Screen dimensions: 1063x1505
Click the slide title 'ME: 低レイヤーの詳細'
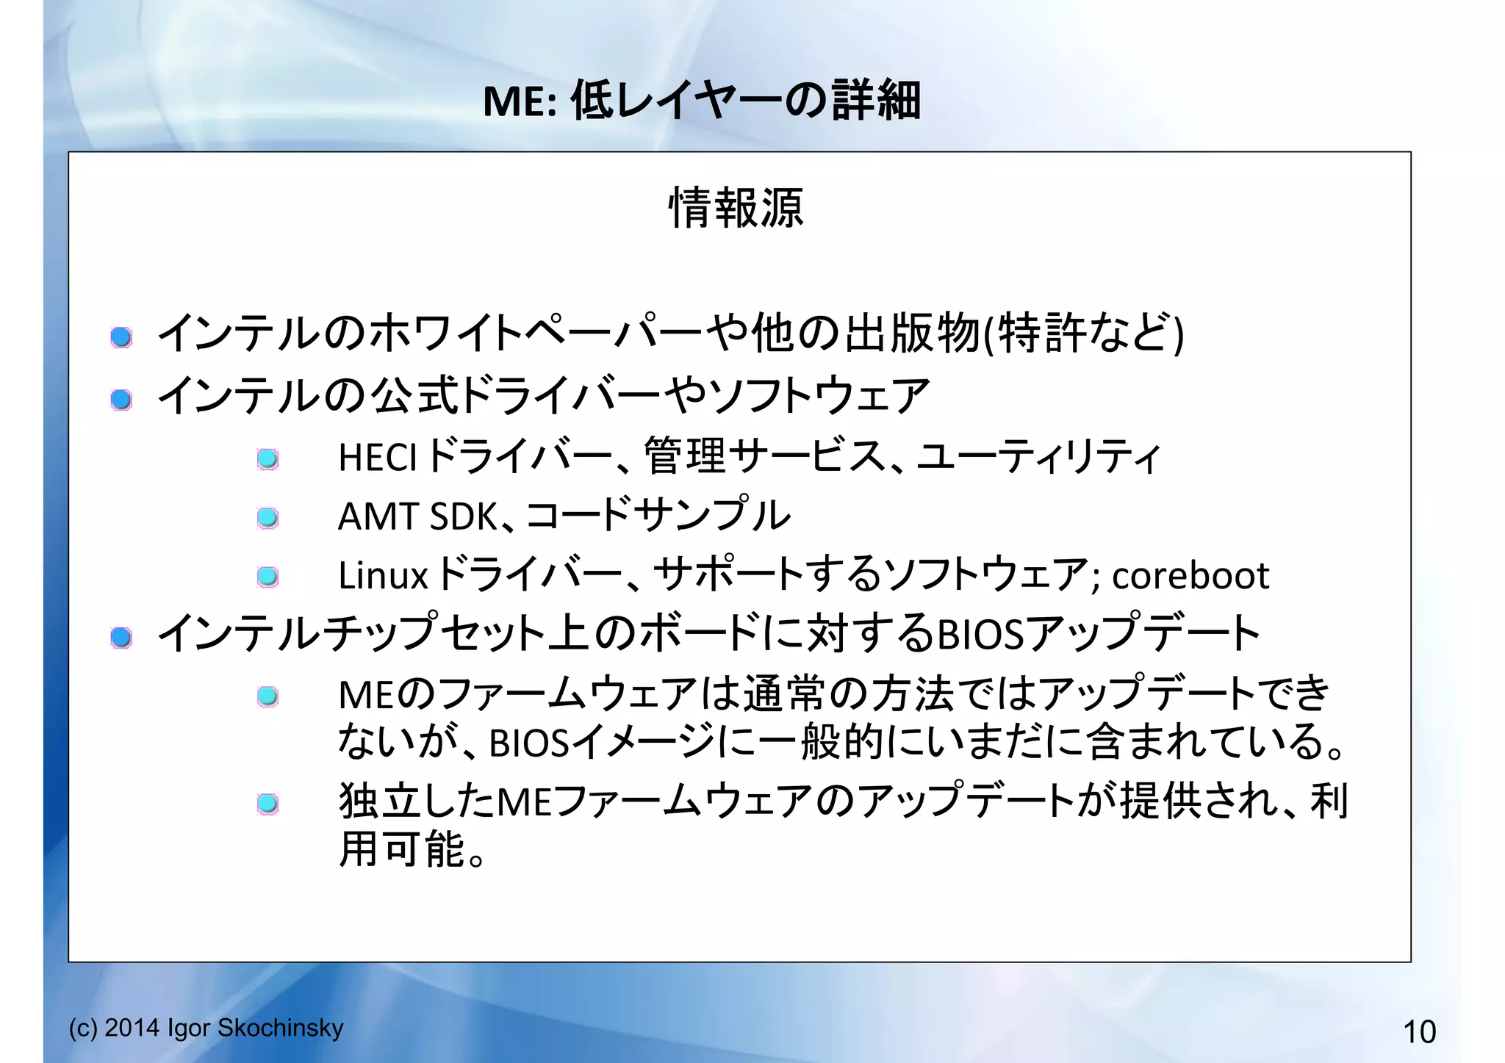pos(701,100)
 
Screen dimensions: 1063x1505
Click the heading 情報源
pos(736,208)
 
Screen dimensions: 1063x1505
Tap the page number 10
pos(1419,1032)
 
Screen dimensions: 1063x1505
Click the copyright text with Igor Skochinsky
pos(206,1028)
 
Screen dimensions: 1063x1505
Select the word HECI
pos(377,458)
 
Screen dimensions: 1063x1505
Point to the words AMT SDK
pos(417,516)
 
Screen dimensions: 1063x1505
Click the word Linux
pos(382,575)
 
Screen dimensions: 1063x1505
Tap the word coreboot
pos(1190,575)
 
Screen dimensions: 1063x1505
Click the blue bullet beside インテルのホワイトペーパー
pos(121,337)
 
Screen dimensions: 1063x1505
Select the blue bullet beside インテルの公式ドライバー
pos(121,400)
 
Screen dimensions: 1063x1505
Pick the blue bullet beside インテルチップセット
pos(121,637)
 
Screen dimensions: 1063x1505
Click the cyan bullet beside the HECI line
pos(267,460)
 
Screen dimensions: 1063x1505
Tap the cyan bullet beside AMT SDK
pos(267,518)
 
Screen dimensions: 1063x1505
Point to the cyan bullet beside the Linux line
pos(267,577)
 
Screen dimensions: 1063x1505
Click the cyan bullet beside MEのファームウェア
pos(267,696)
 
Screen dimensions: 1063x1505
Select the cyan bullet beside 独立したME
pos(267,803)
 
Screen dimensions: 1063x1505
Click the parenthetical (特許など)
pos(1084,334)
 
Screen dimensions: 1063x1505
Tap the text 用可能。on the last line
pos(412,850)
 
